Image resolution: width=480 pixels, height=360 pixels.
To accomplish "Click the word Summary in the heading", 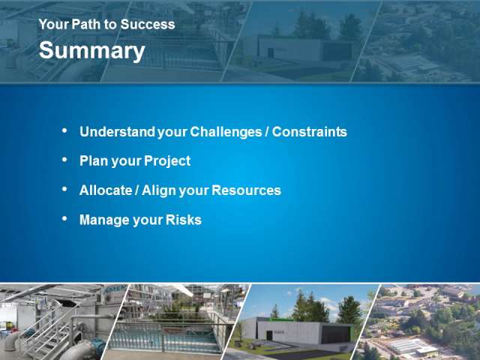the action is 91,51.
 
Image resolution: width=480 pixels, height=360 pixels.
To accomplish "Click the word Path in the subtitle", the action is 83,24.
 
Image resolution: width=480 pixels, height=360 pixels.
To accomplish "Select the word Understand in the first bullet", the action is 117,132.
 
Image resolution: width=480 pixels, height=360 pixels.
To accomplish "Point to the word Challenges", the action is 226,132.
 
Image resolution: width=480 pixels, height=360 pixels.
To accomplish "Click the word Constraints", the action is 310,132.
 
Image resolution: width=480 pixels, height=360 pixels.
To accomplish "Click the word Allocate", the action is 106,190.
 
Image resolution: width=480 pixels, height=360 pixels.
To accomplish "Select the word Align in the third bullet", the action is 159,190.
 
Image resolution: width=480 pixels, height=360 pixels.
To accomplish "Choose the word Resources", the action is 246,190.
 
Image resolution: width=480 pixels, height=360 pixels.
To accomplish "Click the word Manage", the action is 104,220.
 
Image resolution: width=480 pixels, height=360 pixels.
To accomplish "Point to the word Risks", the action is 183,220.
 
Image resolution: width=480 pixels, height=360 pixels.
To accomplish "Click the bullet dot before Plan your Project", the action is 64,160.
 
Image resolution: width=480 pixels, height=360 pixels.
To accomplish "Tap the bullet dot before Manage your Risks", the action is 64,218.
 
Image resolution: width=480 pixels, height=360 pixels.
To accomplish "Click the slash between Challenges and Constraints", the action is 267,132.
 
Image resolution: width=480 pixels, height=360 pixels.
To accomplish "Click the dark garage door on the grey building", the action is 337,334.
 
